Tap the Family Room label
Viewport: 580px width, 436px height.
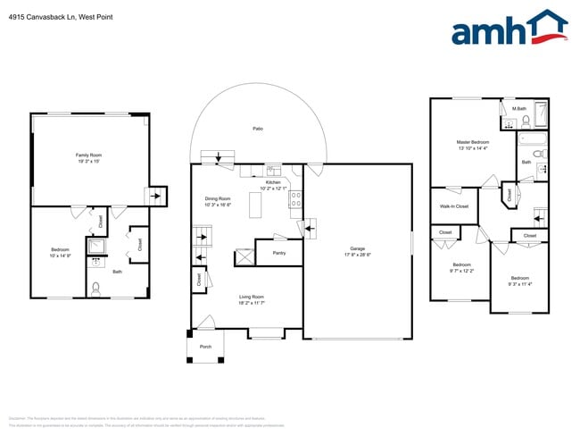pyautogui.click(x=88, y=155)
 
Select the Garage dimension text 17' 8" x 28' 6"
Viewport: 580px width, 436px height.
pyautogui.click(x=357, y=254)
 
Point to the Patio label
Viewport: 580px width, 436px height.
pyautogui.click(x=257, y=129)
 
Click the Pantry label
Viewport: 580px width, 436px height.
pyautogui.click(x=278, y=253)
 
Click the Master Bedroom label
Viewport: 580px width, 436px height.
pyautogui.click(x=473, y=142)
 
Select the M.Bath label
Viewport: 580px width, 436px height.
pyautogui.click(x=518, y=109)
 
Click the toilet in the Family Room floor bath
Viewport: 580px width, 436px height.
pyautogui.click(x=96, y=288)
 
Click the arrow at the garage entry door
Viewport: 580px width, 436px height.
pyautogui.click(x=310, y=231)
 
